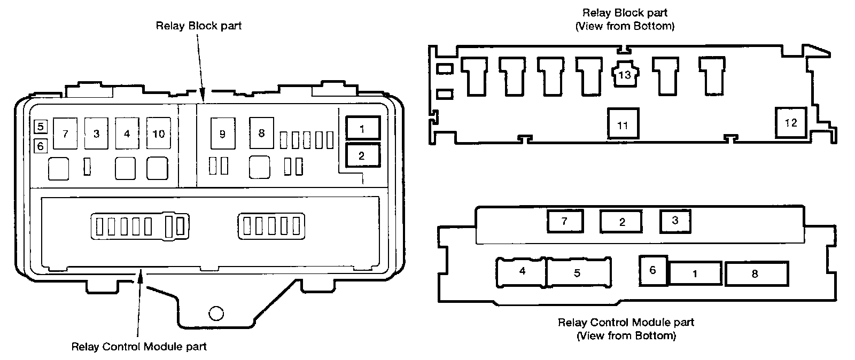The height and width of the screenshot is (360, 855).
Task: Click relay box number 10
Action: (159, 134)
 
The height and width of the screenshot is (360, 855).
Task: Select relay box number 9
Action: (222, 134)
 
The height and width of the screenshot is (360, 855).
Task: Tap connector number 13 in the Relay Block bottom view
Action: (624, 75)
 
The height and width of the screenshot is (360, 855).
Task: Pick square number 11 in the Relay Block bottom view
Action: (623, 125)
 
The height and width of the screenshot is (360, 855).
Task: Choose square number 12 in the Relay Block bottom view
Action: (791, 123)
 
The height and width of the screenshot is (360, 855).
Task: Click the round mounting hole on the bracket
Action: (216, 313)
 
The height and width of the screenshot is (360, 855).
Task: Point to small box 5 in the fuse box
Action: (41, 127)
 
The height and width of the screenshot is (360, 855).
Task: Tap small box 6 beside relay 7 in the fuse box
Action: (41, 145)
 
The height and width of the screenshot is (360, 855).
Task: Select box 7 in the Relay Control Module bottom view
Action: (565, 221)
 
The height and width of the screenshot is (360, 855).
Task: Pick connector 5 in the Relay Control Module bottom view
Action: (577, 273)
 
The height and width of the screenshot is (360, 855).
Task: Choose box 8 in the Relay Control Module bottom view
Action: (756, 274)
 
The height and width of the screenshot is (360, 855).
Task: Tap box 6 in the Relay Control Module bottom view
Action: (652, 270)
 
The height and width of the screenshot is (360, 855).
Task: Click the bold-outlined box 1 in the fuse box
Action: (362, 129)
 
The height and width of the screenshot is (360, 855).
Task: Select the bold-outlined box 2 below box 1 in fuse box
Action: (362, 156)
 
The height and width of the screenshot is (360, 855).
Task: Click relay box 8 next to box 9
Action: (261, 133)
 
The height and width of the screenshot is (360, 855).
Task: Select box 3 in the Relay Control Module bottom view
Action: (675, 221)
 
